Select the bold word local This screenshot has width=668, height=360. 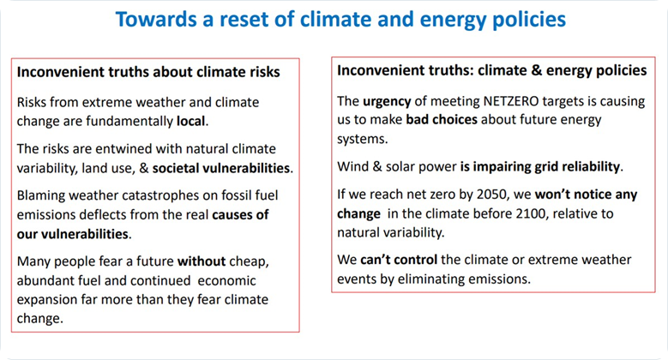[x=191, y=121]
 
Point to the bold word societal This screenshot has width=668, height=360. [x=175, y=168]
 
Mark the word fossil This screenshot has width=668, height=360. [x=236, y=195]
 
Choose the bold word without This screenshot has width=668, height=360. [x=201, y=261]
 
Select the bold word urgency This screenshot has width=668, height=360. [x=387, y=101]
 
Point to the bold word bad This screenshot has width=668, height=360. [x=417, y=119]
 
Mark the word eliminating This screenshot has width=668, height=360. [x=430, y=279]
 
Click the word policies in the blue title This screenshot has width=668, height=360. [x=529, y=19]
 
